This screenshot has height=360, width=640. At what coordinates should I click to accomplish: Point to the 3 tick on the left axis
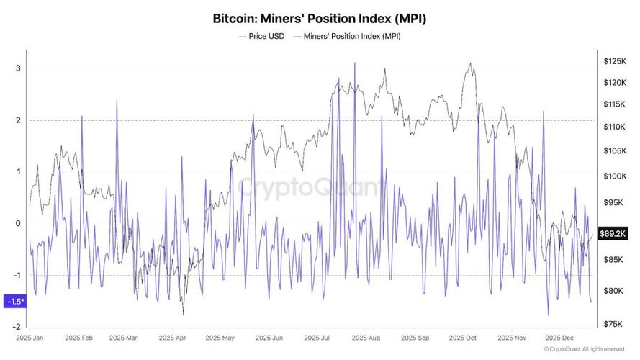[18, 68]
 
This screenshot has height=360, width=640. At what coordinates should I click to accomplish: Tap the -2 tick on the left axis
[17, 327]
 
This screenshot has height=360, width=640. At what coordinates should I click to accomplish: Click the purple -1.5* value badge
[14, 301]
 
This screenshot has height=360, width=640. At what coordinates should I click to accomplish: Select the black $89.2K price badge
[614, 233]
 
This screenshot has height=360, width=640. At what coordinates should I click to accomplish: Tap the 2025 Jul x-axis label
[317, 337]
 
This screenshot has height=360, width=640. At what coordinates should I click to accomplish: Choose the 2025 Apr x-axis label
[173, 337]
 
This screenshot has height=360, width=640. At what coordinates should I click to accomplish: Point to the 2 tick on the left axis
[18, 120]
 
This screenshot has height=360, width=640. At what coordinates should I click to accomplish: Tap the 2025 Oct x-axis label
[462, 337]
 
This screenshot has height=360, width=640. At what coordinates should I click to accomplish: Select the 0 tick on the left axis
[18, 223]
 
